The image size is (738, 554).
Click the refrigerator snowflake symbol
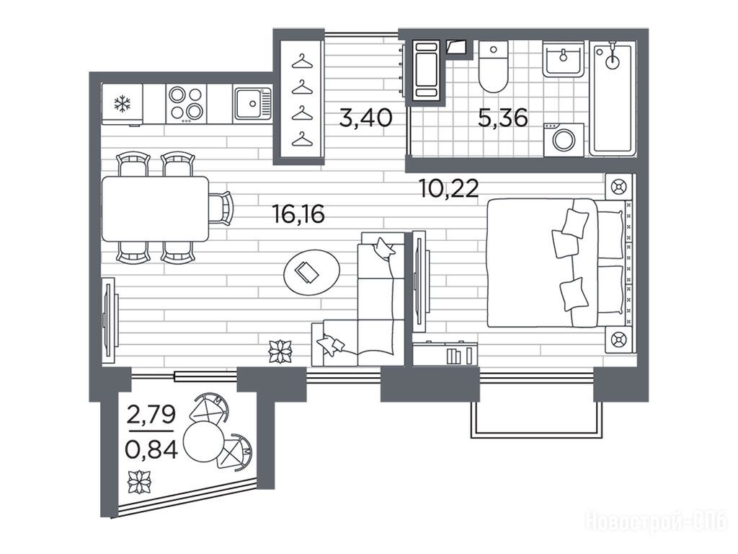tap(123, 104)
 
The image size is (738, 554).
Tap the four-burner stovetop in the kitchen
tap(186, 104)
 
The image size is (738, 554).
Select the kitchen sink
tap(253, 103)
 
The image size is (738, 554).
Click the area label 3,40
tap(365, 118)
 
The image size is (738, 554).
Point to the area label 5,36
tap(502, 118)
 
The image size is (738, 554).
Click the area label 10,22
tap(448, 188)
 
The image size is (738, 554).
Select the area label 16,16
tap(299, 214)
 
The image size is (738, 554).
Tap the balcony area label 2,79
tap(151, 415)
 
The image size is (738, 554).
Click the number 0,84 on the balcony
tap(151, 450)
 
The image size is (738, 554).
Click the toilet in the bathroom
tap(493, 66)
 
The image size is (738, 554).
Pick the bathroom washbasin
tap(564, 58)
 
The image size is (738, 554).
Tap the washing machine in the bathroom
tap(564, 140)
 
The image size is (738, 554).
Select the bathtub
tap(613, 98)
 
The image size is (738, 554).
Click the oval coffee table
tap(311, 273)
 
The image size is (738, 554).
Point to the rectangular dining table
tap(156, 208)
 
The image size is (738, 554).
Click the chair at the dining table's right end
tap(221, 208)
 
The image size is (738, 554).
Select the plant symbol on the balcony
tap(140, 481)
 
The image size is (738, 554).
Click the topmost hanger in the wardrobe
tap(302, 61)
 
